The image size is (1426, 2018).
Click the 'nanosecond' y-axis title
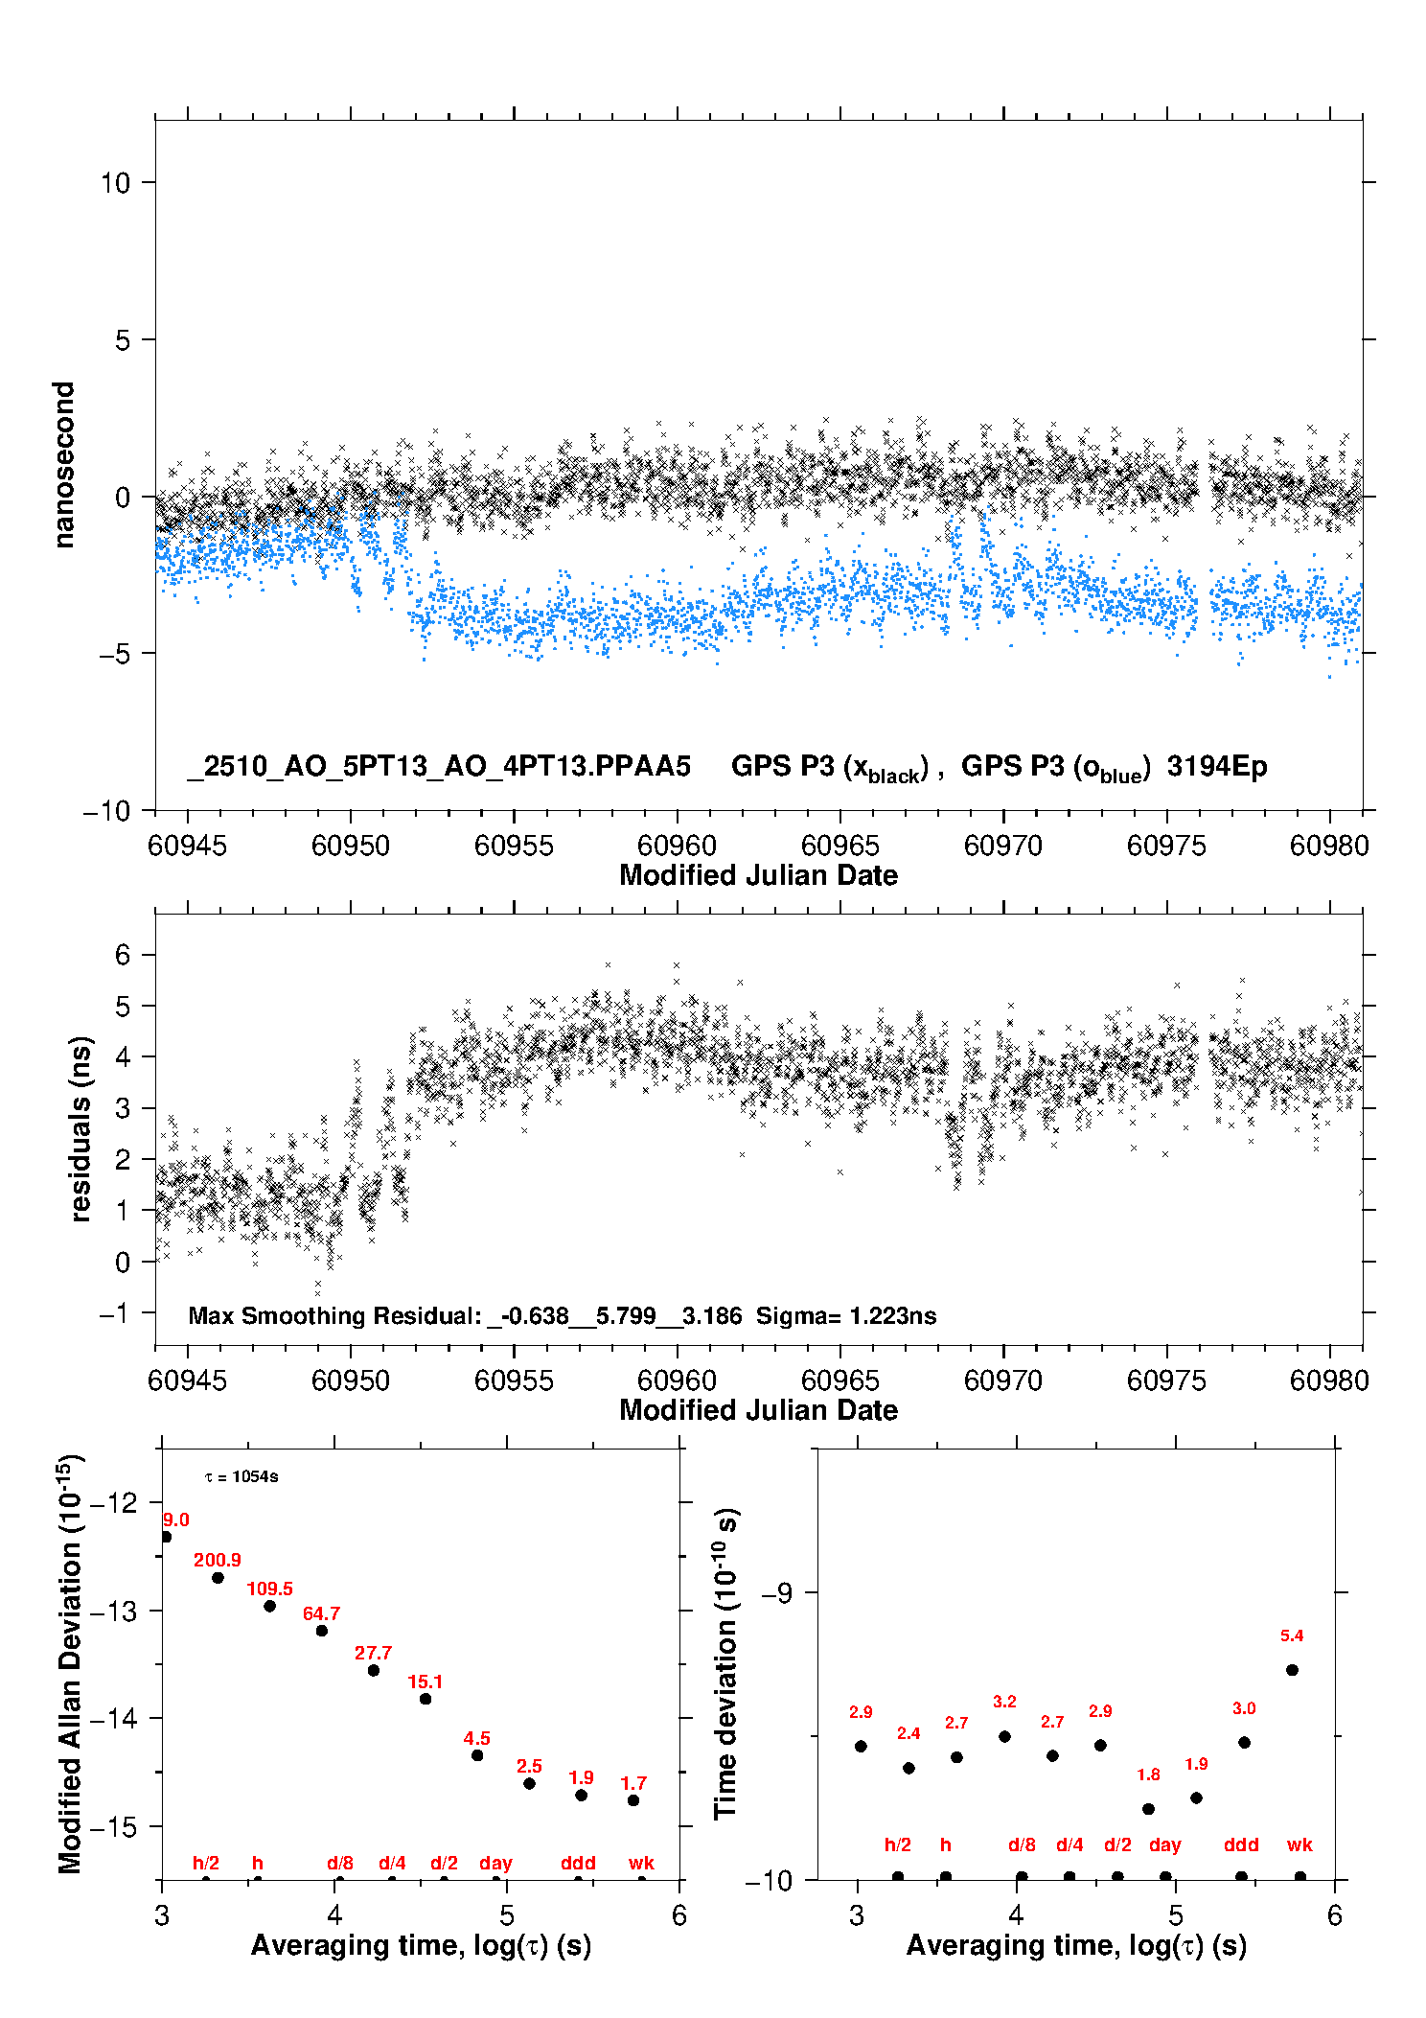point(63,465)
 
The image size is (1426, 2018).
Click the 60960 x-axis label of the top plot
point(677,846)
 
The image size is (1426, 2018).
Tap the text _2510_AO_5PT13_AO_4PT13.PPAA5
point(439,766)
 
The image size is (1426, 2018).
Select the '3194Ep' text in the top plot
point(1217,766)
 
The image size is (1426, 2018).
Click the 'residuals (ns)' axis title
point(81,1128)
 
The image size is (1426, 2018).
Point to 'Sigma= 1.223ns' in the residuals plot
point(846,1315)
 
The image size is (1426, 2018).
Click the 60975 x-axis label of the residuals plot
point(1166,1380)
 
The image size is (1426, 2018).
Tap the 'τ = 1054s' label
point(241,1477)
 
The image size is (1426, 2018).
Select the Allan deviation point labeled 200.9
point(218,1578)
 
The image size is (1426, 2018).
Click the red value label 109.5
point(269,1589)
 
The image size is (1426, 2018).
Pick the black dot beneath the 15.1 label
point(425,1699)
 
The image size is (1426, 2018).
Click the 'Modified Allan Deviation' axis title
point(69,1663)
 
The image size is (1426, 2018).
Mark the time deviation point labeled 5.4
point(1292,1670)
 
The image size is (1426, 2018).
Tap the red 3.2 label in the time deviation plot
point(1004,1702)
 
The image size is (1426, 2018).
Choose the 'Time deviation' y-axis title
point(725,1663)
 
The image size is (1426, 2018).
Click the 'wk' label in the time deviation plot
point(1299,1844)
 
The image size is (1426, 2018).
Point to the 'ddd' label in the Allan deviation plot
point(578,1863)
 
